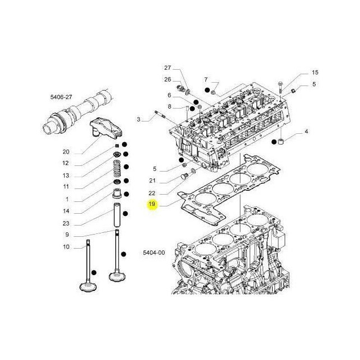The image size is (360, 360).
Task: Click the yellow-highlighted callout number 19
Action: tap(152, 204)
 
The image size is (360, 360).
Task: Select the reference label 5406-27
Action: tap(61, 97)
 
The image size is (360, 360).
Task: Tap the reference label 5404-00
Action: tap(154, 253)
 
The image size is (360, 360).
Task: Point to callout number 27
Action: tap(168, 67)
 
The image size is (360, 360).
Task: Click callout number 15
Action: tap(315, 73)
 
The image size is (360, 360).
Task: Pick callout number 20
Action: tap(66, 152)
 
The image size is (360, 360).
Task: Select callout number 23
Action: tap(66, 223)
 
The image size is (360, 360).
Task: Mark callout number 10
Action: tap(66, 247)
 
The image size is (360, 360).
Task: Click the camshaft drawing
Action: tap(78, 112)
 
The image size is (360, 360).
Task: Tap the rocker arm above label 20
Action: tap(106, 129)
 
